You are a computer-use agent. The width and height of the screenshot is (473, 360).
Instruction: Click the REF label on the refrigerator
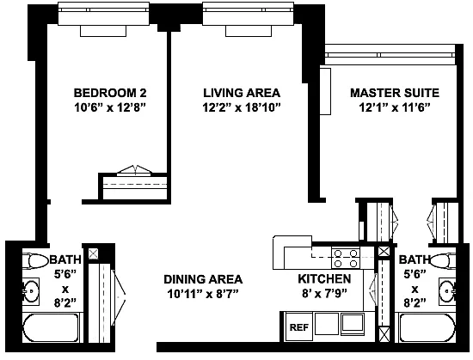click(x=299, y=327)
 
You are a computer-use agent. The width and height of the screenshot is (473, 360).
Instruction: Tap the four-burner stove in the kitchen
click(x=346, y=258)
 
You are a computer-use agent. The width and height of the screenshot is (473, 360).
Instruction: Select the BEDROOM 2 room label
click(x=110, y=93)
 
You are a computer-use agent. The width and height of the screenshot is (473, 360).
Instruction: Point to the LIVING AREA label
click(x=242, y=93)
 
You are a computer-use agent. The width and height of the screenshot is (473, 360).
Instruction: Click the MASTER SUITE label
click(x=395, y=93)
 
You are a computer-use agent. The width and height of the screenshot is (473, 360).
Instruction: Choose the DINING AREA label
click(x=203, y=279)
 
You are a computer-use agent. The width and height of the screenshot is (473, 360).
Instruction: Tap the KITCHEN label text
click(x=324, y=279)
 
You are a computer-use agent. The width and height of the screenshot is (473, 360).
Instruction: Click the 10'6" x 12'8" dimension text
click(x=110, y=107)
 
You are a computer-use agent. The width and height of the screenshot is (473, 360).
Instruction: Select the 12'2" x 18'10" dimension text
click(x=242, y=107)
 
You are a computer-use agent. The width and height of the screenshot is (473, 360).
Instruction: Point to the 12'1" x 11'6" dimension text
click(x=395, y=107)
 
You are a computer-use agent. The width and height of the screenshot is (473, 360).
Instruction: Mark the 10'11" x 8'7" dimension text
click(x=203, y=294)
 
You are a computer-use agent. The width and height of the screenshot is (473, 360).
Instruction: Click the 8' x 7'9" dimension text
click(x=324, y=293)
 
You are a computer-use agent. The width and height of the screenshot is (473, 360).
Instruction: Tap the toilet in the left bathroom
click(x=35, y=261)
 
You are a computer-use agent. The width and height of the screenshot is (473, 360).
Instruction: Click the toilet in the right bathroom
click(x=443, y=260)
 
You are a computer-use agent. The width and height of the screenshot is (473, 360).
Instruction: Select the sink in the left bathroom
click(x=30, y=291)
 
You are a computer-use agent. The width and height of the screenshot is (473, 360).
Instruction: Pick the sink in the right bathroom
click(x=448, y=291)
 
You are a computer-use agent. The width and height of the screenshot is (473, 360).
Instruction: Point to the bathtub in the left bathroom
click(x=52, y=328)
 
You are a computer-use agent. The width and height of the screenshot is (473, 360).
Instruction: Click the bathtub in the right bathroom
click(x=427, y=328)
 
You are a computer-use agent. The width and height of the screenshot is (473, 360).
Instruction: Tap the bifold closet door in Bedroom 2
click(x=134, y=170)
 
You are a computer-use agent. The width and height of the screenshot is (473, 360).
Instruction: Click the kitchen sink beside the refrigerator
click(x=353, y=324)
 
